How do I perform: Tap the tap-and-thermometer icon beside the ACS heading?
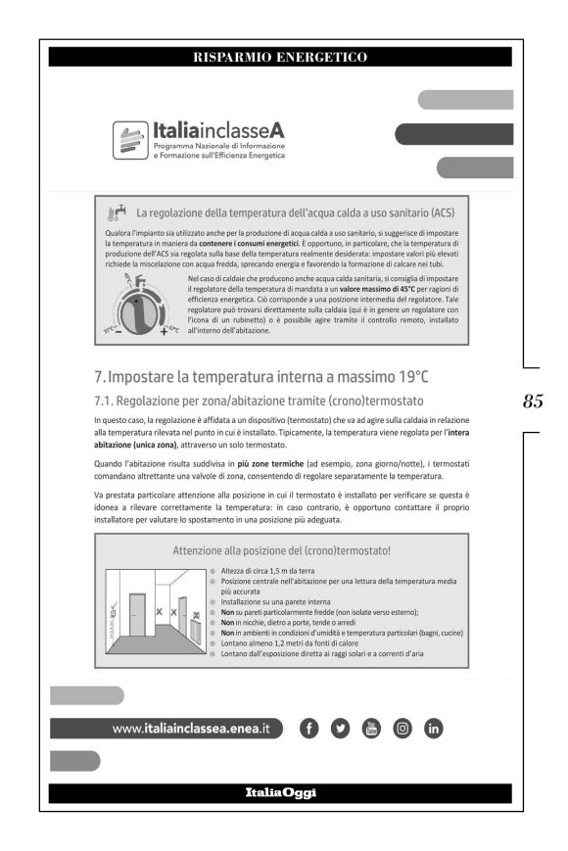click(115, 213)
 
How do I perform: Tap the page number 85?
click(534, 401)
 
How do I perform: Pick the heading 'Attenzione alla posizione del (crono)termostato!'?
click(280, 550)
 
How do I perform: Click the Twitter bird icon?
click(339, 728)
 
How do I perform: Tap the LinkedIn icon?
click(433, 728)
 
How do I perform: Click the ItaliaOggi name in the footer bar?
click(280, 791)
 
